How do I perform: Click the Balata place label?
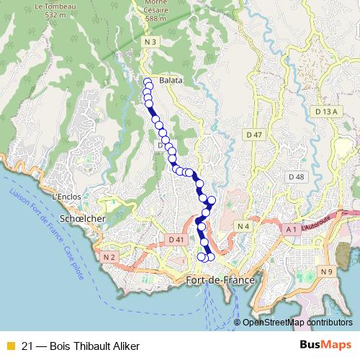(x=171, y=81)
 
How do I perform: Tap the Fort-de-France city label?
(x=212, y=280)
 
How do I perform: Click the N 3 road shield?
(x=149, y=43)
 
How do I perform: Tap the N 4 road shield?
(x=243, y=227)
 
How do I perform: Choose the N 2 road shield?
(x=109, y=256)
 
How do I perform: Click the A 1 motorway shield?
(x=291, y=229)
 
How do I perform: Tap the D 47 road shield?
(x=253, y=135)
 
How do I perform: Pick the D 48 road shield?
(x=296, y=176)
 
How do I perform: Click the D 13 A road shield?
(x=325, y=112)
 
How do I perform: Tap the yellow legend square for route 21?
(x=10, y=346)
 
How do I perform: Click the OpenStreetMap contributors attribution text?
(x=297, y=323)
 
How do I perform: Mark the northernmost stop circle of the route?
(x=148, y=81)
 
